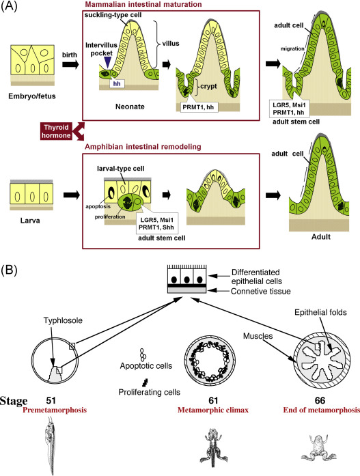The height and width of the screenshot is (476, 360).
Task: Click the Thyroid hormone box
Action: (57, 131)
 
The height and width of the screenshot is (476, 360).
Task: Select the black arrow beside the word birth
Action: (70, 64)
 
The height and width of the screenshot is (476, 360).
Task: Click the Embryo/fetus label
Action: (32, 96)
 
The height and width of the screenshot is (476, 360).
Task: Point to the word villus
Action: (171, 44)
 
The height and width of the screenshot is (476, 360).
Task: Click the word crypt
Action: (208, 86)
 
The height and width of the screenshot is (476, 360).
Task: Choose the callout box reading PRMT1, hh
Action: (197, 107)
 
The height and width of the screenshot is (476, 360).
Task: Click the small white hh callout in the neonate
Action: (117, 83)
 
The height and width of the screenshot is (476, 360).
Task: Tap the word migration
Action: (292, 48)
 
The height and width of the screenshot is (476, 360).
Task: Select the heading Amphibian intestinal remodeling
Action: (143, 147)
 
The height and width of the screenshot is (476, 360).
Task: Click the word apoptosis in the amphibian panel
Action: (98, 206)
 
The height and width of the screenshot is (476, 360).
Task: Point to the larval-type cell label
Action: (120, 169)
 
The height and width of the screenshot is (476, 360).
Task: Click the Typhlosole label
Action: (63, 320)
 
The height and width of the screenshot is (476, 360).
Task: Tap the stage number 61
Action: (213, 401)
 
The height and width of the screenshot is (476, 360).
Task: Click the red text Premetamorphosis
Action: (55, 410)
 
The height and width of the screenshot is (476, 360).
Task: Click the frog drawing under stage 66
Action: (318, 448)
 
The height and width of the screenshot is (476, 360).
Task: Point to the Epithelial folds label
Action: (320, 312)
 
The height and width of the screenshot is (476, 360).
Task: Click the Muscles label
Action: (258, 336)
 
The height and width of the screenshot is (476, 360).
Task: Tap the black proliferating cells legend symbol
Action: (146, 382)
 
